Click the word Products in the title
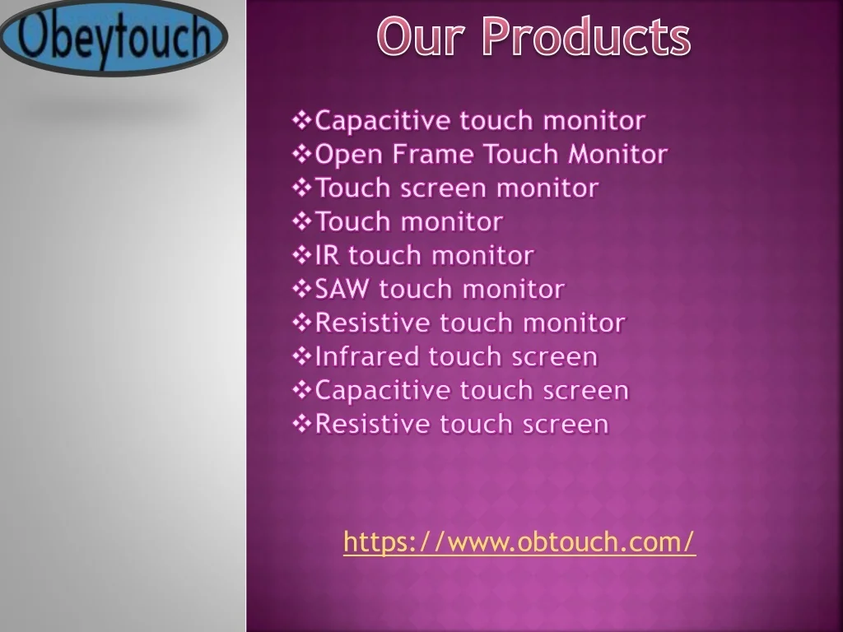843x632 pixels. click(586, 36)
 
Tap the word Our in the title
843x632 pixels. click(421, 36)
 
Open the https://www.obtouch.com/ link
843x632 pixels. click(519, 541)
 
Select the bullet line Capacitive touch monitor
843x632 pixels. click(468, 120)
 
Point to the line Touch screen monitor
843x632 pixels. click(445, 188)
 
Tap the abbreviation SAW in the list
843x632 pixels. click(342, 289)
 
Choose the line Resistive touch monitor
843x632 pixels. click(459, 323)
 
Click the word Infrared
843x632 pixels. click(366, 357)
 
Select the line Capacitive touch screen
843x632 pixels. click(461, 391)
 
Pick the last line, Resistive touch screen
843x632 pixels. click(450, 425)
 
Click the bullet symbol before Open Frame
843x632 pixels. click(302, 154)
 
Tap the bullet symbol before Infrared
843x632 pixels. click(302, 357)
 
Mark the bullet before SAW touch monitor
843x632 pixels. click(302, 289)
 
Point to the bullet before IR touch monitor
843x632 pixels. click(302, 255)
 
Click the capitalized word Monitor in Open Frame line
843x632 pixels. click(617, 154)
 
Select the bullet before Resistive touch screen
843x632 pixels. click(302, 425)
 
